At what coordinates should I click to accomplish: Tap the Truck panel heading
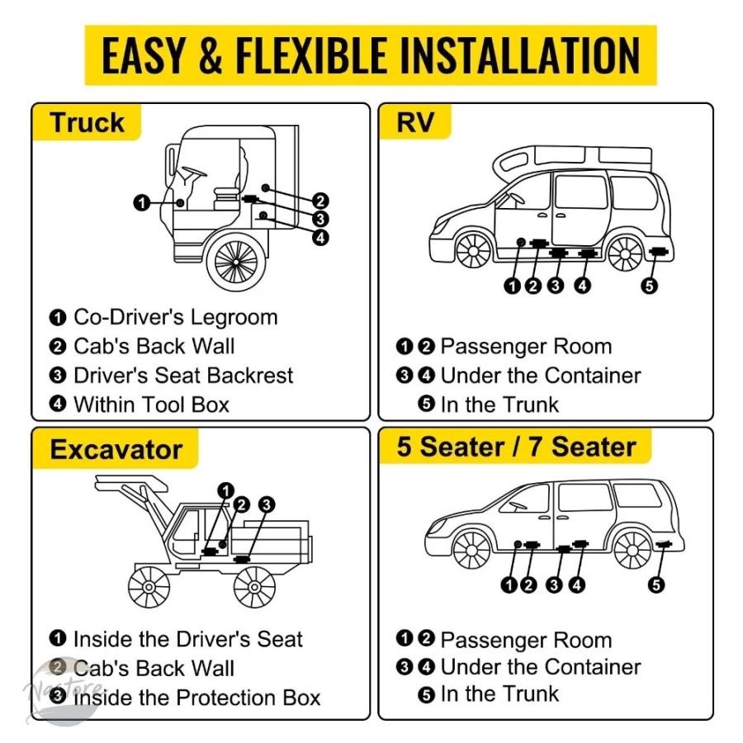tap(87, 123)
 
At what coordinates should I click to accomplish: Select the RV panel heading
tap(414, 122)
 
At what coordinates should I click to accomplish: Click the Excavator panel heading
tap(116, 449)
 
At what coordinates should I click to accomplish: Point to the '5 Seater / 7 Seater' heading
tap(516, 447)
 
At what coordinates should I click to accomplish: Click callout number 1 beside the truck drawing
tap(142, 203)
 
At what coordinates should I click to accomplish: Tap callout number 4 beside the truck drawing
tap(320, 237)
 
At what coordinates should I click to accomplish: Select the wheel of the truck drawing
tap(236, 262)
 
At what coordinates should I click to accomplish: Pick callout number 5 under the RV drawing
tap(649, 286)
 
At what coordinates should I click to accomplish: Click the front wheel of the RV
tap(474, 252)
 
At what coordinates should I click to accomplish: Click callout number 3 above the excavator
tap(267, 504)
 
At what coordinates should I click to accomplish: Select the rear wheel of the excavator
tap(254, 587)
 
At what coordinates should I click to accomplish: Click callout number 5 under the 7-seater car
tap(655, 584)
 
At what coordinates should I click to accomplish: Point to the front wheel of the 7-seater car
tap(471, 550)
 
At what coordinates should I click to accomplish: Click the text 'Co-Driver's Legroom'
tap(175, 317)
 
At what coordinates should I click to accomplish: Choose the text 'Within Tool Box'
tap(151, 405)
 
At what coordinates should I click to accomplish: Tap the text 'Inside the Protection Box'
tap(196, 698)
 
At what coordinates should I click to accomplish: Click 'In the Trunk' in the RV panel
tap(499, 405)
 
